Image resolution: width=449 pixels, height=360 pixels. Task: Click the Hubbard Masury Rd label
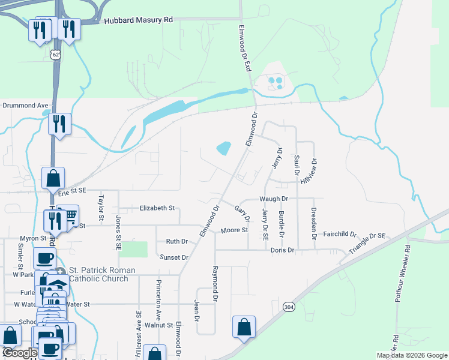138,20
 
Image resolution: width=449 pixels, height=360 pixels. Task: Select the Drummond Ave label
25,105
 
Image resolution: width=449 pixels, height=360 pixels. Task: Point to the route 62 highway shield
55,55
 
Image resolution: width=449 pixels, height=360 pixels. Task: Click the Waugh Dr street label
274,198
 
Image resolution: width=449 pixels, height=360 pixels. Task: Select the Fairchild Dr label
340,234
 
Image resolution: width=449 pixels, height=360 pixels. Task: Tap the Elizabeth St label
157,208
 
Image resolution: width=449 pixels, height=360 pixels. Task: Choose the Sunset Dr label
174,257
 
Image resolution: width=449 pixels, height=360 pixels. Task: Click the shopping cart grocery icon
70,214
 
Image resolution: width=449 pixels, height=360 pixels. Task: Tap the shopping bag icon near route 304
244,327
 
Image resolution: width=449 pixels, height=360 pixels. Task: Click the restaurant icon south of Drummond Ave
59,124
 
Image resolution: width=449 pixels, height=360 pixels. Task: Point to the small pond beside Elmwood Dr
223,148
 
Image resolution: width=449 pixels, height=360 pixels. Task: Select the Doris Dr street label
282,250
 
